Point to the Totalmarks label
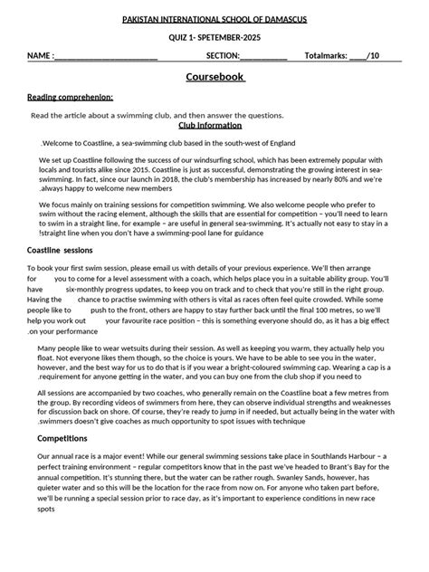[x=325, y=57]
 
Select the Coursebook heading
[x=214, y=78]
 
